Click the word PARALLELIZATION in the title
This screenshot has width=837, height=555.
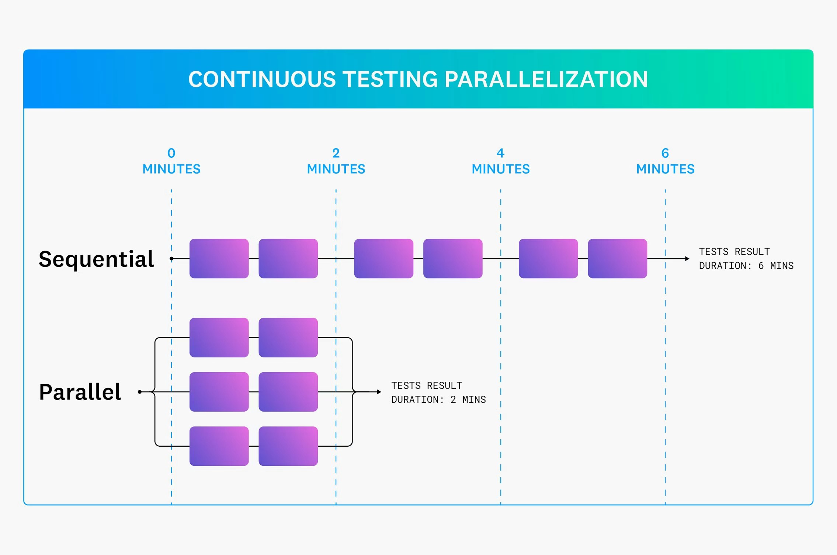click(546, 80)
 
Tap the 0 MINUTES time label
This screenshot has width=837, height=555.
click(171, 161)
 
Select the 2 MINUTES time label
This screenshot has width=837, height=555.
click(336, 161)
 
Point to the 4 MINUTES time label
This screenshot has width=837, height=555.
click(501, 161)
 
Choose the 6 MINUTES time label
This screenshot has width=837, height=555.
click(665, 161)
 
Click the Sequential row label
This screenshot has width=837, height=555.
click(96, 259)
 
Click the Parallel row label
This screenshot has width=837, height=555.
click(80, 392)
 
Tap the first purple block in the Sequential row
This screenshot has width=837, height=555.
click(219, 258)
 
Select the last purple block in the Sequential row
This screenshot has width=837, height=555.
click(617, 258)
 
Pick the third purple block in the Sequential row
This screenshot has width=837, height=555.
click(383, 258)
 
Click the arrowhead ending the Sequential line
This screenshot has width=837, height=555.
click(687, 259)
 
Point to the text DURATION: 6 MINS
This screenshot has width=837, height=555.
click(746, 266)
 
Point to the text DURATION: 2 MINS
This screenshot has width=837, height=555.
click(438, 399)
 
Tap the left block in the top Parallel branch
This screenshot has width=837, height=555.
click(219, 337)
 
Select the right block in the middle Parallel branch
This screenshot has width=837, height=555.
click(288, 392)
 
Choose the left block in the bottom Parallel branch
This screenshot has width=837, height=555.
click(219, 446)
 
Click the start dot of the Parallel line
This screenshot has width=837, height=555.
click(140, 392)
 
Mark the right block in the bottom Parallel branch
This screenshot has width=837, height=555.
click(288, 446)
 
